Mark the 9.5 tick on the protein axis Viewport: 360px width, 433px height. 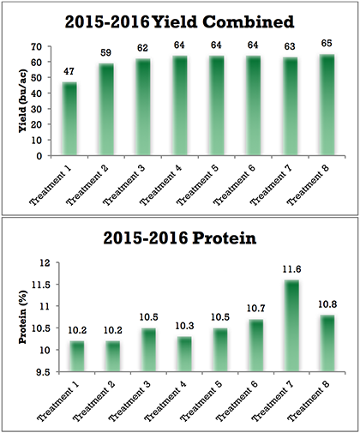point(40,373)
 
